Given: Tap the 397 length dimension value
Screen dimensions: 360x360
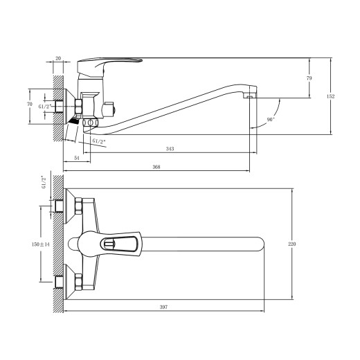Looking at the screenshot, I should [164, 306].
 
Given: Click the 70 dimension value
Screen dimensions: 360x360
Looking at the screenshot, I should [29, 104].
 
